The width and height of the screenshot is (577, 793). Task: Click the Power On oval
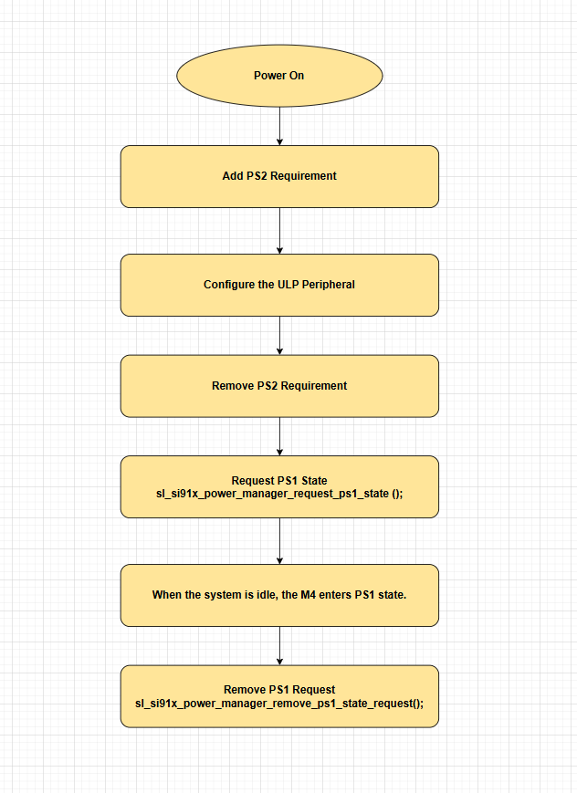[279, 76]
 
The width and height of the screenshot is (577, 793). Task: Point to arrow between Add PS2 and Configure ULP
[279, 231]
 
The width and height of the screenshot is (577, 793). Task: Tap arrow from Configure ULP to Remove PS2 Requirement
[279, 336]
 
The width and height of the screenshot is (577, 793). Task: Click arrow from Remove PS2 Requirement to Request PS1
[279, 436]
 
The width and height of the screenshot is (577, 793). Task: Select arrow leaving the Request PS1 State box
[279, 541]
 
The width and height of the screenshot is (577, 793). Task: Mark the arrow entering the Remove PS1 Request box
[279, 646]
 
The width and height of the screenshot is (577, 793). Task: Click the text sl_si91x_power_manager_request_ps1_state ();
[279, 494]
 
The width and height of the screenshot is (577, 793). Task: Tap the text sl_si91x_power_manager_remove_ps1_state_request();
[279, 704]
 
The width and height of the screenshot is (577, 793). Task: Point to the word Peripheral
[329, 285]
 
